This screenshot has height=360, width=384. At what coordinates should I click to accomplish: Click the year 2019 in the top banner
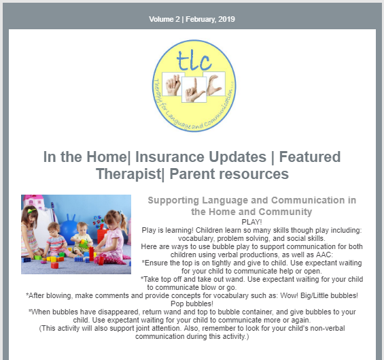(226, 19)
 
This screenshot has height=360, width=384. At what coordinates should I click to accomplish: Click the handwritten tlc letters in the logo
(194, 61)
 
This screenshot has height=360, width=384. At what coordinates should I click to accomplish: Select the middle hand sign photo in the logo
(194, 90)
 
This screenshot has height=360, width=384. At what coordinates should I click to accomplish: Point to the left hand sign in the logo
(173, 84)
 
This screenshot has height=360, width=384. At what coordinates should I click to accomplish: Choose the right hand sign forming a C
(215, 84)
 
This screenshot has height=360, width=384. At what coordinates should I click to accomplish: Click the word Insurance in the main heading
(200, 157)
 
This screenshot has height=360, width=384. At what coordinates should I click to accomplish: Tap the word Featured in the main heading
(310, 157)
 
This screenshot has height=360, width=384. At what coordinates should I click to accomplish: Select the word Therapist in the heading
(128, 174)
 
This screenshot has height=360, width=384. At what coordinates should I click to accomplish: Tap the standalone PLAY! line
(251, 222)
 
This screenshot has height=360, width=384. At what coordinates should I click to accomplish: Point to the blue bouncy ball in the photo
(69, 229)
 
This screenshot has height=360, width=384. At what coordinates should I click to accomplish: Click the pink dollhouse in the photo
(33, 201)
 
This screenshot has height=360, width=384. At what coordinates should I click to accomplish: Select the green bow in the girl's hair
(32, 210)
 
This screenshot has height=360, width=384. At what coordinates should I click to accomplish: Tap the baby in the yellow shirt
(82, 238)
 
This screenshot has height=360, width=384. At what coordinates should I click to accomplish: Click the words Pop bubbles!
(192, 304)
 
